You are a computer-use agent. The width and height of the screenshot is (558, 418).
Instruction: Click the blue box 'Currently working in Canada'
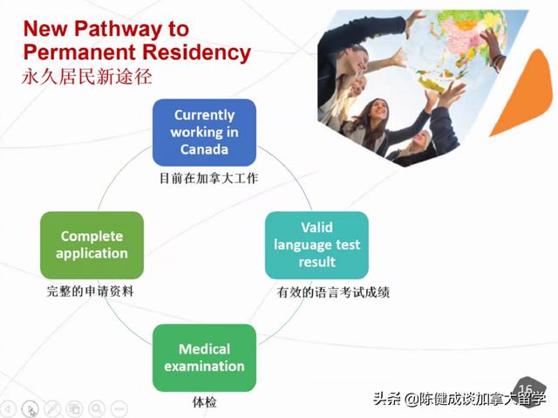click(204, 132)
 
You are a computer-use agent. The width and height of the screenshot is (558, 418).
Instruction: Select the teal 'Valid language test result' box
click(316, 244)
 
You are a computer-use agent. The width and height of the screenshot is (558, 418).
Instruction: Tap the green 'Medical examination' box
click(204, 358)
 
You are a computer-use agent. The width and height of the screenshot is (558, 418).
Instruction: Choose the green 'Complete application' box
click(92, 244)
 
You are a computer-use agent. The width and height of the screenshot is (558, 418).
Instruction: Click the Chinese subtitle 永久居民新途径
click(87, 77)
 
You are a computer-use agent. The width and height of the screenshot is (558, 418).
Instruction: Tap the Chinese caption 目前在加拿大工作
click(208, 179)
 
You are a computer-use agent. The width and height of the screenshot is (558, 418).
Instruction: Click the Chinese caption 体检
click(204, 403)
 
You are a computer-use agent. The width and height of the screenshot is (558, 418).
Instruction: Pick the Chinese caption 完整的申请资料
click(90, 291)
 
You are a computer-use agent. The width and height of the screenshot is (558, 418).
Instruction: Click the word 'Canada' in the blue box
click(204, 149)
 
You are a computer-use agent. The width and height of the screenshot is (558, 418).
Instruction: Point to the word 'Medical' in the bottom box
click(204, 349)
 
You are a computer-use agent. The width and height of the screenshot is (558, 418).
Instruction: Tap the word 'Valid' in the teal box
click(316, 228)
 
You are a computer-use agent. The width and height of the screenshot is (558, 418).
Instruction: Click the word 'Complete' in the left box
click(92, 236)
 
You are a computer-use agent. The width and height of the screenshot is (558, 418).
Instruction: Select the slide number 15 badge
click(526, 388)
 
